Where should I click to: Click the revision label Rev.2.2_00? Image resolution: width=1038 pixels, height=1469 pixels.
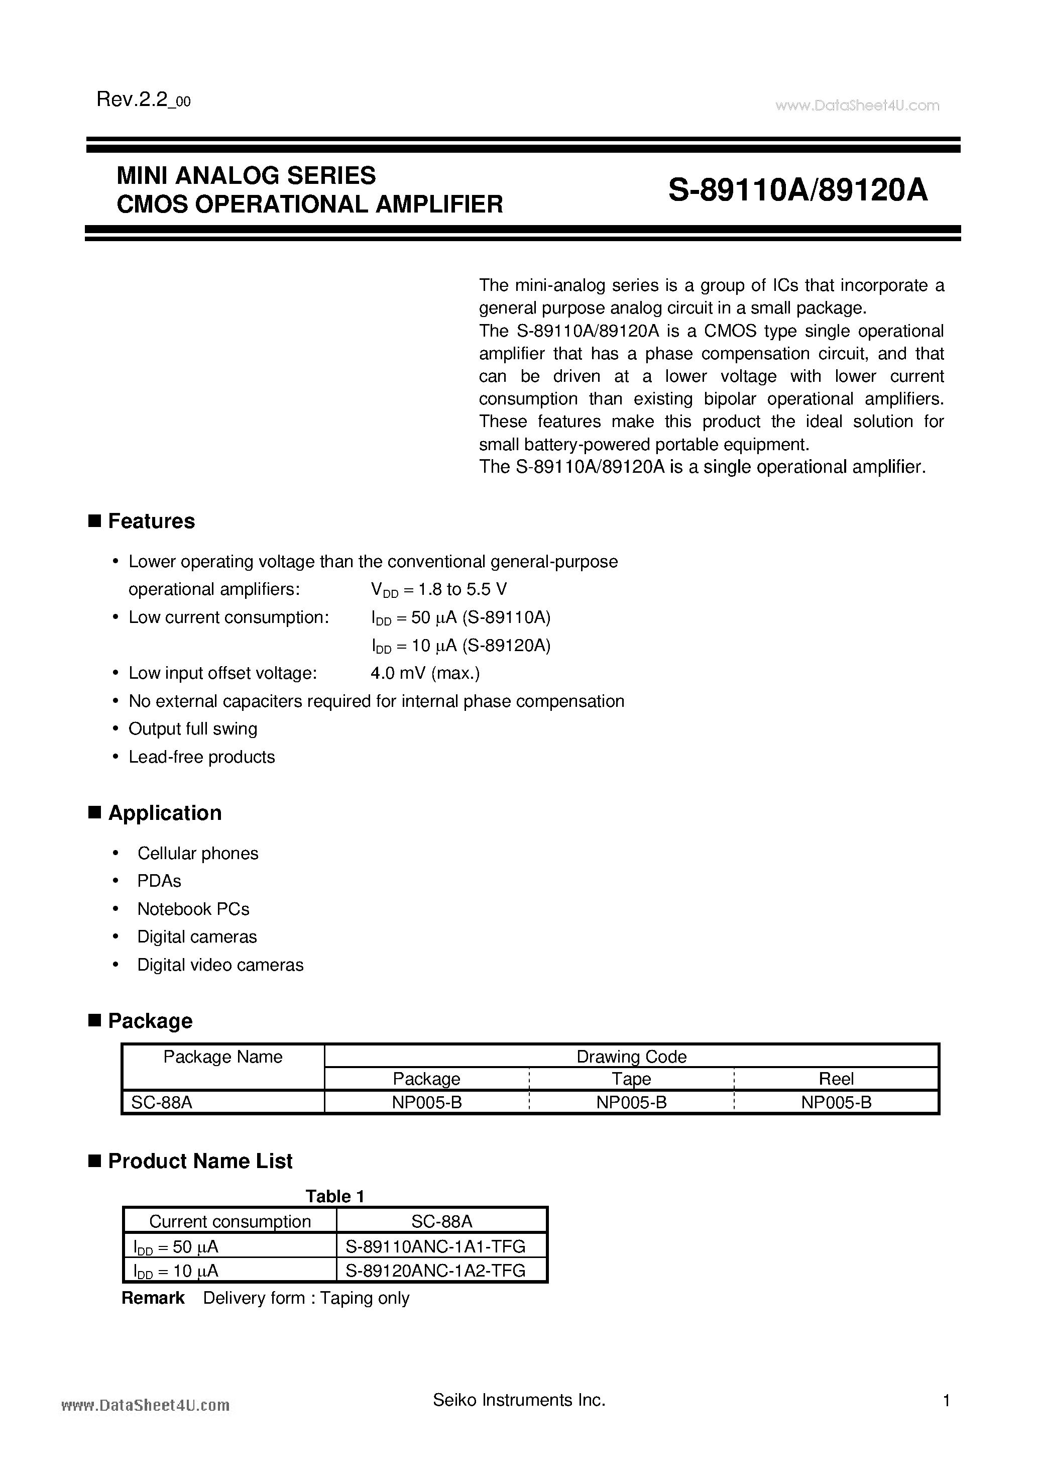143,100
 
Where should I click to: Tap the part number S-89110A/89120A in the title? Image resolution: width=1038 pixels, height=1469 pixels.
797,190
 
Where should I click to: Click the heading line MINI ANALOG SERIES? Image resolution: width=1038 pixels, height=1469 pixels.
246,175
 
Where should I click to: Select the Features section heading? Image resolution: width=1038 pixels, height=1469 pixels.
151,521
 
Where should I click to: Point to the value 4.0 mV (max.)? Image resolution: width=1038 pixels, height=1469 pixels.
425,673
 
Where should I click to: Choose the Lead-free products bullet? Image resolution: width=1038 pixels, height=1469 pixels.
201,757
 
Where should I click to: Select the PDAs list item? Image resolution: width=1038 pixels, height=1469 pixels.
159,881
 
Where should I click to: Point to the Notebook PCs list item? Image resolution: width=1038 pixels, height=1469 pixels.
193,909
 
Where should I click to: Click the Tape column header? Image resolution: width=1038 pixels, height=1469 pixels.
631,1079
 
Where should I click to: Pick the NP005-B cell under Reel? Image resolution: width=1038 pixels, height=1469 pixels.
836,1102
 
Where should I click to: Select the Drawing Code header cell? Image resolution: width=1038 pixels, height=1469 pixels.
631,1057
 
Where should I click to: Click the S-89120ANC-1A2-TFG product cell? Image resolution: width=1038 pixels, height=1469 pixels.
435,1270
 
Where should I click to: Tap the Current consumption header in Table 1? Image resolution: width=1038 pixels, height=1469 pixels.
229,1221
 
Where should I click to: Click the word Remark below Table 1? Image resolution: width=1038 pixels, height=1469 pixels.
153,1298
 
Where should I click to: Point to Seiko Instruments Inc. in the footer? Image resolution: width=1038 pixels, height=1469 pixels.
519,1401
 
